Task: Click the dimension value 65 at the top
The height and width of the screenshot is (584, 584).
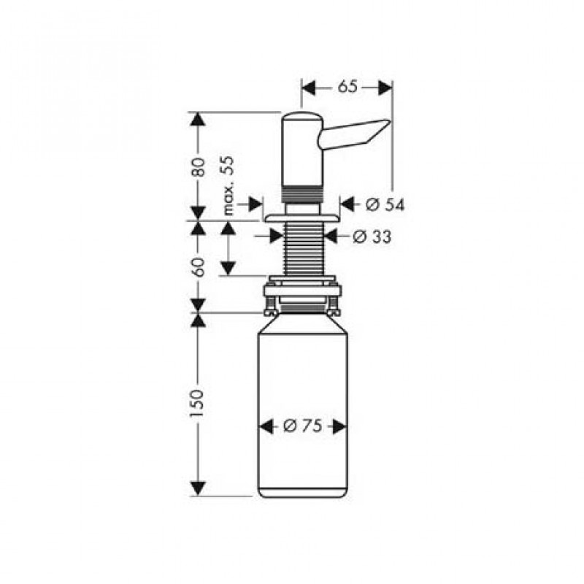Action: pyautogui.click(x=347, y=87)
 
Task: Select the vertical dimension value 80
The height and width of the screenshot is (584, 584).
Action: pyautogui.click(x=198, y=167)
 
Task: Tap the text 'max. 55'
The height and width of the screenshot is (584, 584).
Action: pyautogui.click(x=228, y=185)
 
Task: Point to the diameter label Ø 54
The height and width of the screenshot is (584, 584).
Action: pyautogui.click(x=385, y=204)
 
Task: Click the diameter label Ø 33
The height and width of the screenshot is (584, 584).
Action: pyautogui.click(x=372, y=237)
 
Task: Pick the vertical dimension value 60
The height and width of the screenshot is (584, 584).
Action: pyautogui.click(x=198, y=266)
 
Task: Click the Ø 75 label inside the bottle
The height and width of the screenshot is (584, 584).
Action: pyautogui.click(x=302, y=426)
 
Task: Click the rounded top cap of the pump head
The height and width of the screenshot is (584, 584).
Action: pyautogui.click(x=302, y=115)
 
